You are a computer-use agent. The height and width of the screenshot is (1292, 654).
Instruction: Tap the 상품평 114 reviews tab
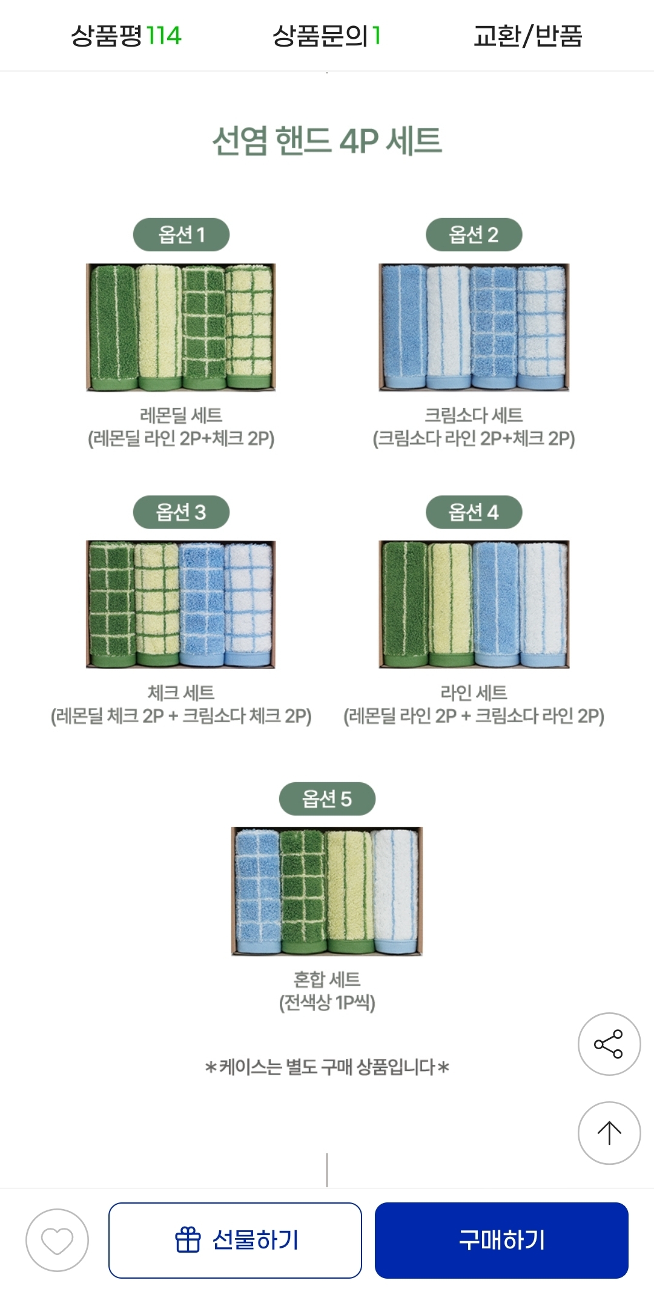coord(126,36)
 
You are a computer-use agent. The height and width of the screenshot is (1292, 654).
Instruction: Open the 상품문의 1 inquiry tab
coord(326,36)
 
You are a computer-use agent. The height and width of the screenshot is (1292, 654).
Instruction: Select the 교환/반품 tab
coord(527,36)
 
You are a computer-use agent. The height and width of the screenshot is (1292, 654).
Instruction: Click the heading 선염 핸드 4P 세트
coord(327,140)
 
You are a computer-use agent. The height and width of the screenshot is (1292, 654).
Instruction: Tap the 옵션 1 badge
coord(181,234)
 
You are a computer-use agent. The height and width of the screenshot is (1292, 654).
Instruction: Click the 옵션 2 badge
coord(474,234)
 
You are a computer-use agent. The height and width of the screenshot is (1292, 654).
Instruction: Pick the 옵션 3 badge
coord(181,512)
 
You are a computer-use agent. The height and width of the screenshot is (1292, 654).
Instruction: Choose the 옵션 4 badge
coord(474,512)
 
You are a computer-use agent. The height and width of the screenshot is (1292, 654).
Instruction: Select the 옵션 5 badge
coord(327,799)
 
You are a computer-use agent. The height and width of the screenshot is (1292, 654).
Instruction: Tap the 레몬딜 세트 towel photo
coord(181,328)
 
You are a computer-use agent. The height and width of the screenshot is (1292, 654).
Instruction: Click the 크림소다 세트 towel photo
coord(474,328)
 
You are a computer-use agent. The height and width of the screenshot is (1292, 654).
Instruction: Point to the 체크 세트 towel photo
coord(181,605)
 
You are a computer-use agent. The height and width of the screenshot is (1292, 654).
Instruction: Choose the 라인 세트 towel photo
coord(474,605)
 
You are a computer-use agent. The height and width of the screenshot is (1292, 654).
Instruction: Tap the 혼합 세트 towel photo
coord(327,891)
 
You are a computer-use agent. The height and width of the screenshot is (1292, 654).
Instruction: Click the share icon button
coord(609,1044)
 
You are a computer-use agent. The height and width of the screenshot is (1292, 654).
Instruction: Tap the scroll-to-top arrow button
coord(609,1133)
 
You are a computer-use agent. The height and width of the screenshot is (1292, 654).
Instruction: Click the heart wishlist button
coord(57,1241)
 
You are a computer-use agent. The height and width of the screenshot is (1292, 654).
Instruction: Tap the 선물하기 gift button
coord(235,1241)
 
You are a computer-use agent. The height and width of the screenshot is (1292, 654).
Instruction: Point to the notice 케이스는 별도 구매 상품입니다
coord(327,1067)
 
